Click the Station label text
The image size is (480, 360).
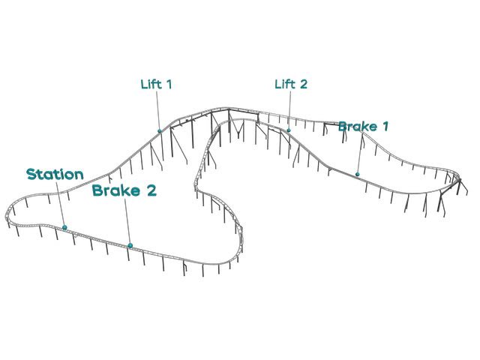point(55,174)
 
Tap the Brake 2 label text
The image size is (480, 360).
point(124,190)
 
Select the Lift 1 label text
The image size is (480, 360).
point(156,84)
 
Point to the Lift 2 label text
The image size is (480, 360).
point(291,84)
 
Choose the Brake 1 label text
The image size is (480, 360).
point(363,126)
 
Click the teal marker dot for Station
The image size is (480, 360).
point(64,227)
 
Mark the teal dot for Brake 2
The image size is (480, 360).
point(130,245)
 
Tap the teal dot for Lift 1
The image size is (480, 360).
point(160,131)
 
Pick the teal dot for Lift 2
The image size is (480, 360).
point(289,130)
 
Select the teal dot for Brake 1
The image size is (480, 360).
point(357,174)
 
